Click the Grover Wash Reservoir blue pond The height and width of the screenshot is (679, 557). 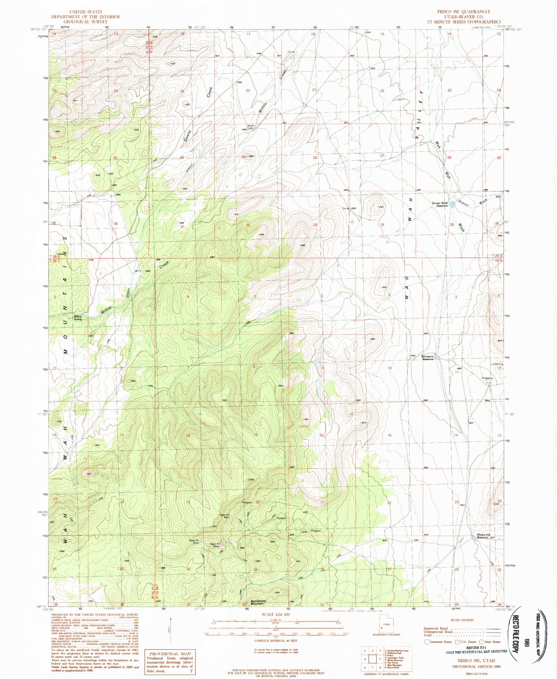pyautogui.click(x=452, y=205)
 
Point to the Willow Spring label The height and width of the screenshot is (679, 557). pyautogui.click(x=78, y=318)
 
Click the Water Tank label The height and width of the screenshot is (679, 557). pyautogui.click(x=250, y=127)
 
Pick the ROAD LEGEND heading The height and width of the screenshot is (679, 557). pyautogui.click(x=462, y=620)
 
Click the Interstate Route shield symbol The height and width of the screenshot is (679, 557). pyautogui.click(x=427, y=642)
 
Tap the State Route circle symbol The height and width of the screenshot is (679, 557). pyautogui.click(x=481, y=642)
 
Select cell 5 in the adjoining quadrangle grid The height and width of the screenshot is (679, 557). pyautogui.click(x=374, y=659)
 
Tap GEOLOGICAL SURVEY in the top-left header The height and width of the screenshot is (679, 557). pyautogui.click(x=85, y=22)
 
